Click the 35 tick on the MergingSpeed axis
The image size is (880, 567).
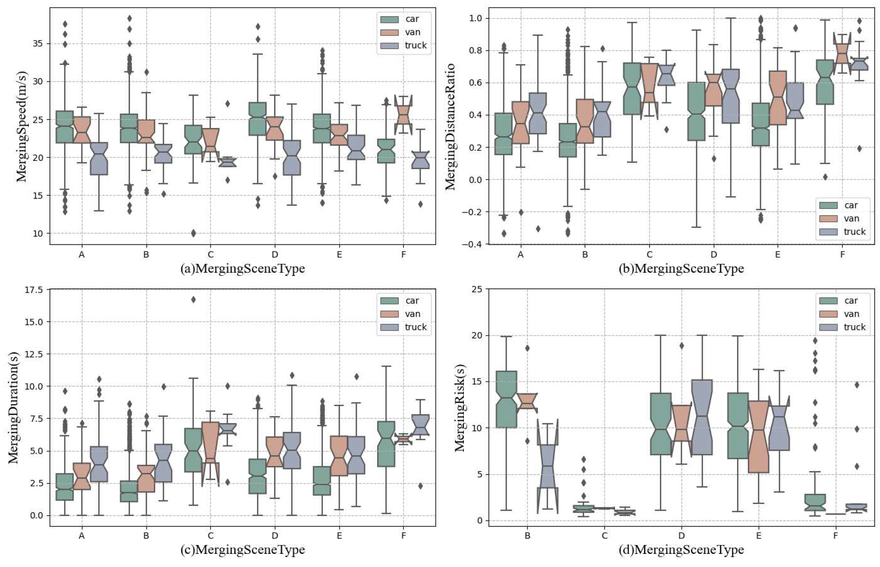click(38, 44)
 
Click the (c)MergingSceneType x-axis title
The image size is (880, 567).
click(242, 550)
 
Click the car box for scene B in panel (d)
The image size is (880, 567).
click(507, 400)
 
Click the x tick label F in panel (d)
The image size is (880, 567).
click(835, 536)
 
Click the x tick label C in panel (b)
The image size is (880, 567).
click(649, 254)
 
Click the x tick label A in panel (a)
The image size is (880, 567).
click(82, 254)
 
